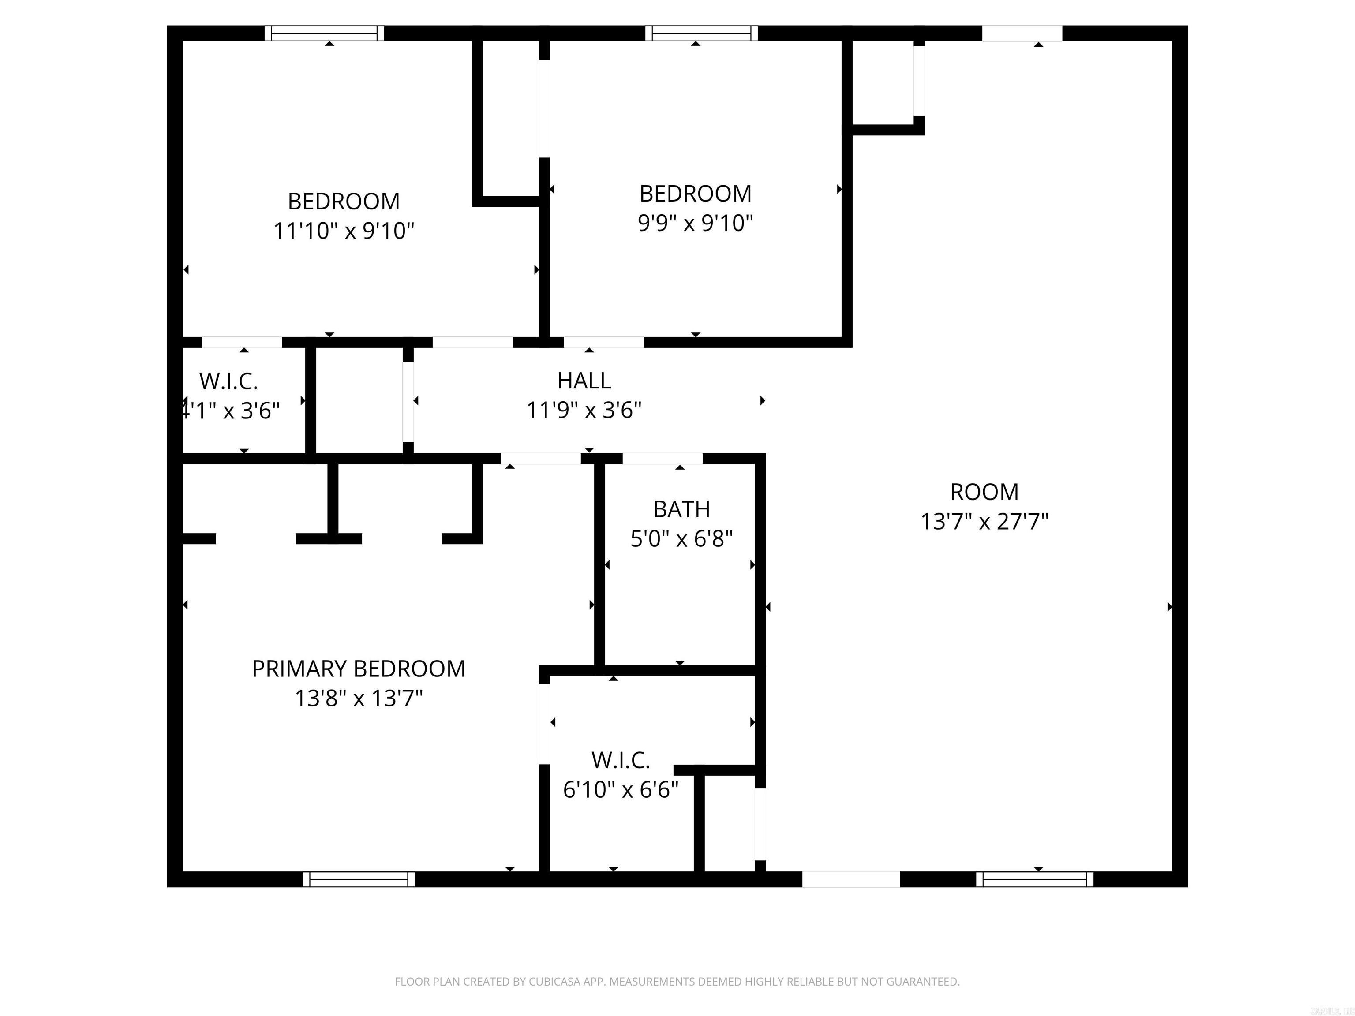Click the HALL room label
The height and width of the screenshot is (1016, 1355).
(584, 381)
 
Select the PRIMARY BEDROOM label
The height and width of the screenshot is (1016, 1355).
(358, 669)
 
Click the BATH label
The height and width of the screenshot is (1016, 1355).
(681, 509)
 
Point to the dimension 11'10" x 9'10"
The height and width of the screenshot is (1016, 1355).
(344, 232)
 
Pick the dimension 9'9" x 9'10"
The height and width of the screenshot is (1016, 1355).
(695, 224)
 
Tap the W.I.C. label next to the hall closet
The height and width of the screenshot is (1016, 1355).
(228, 381)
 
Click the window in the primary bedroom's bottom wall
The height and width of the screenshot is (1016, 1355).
(358, 879)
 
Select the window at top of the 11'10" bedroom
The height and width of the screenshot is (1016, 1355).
(324, 33)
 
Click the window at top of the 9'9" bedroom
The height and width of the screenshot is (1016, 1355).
(701, 33)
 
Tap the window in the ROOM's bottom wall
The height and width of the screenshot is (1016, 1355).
(1034, 879)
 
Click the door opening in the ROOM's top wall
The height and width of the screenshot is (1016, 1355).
(1022, 33)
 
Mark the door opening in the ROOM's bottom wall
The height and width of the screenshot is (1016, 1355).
(851, 879)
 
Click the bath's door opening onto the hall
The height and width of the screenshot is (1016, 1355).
(662, 459)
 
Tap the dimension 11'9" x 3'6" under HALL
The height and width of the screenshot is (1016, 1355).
(584, 410)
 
